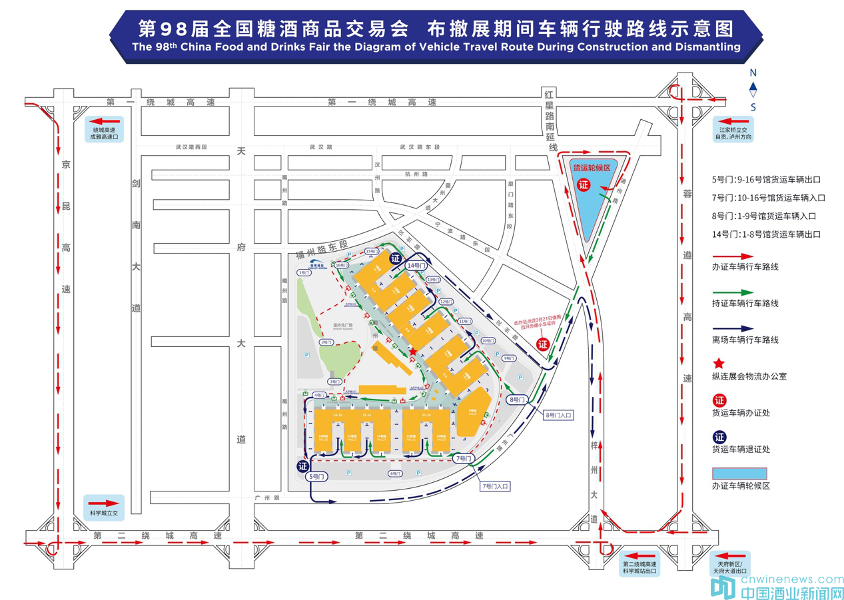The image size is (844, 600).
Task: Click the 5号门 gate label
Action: [x=317, y=477]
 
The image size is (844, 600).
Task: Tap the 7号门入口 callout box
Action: [x=494, y=487]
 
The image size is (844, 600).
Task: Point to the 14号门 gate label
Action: [x=415, y=266]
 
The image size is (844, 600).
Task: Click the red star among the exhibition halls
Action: [x=413, y=351]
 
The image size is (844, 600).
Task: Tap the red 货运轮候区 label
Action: [x=592, y=168]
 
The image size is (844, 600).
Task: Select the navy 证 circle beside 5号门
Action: [x=303, y=466]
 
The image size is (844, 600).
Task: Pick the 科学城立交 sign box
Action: [x=103, y=507]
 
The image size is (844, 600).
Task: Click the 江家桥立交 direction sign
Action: [x=733, y=131]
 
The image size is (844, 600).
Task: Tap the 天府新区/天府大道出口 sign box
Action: [x=731, y=563]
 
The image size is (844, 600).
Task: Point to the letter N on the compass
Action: [x=753, y=73]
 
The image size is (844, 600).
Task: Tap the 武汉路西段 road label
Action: [x=192, y=147]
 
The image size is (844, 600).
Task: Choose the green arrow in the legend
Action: [x=733, y=292]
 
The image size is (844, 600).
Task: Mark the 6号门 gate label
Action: [x=396, y=473]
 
